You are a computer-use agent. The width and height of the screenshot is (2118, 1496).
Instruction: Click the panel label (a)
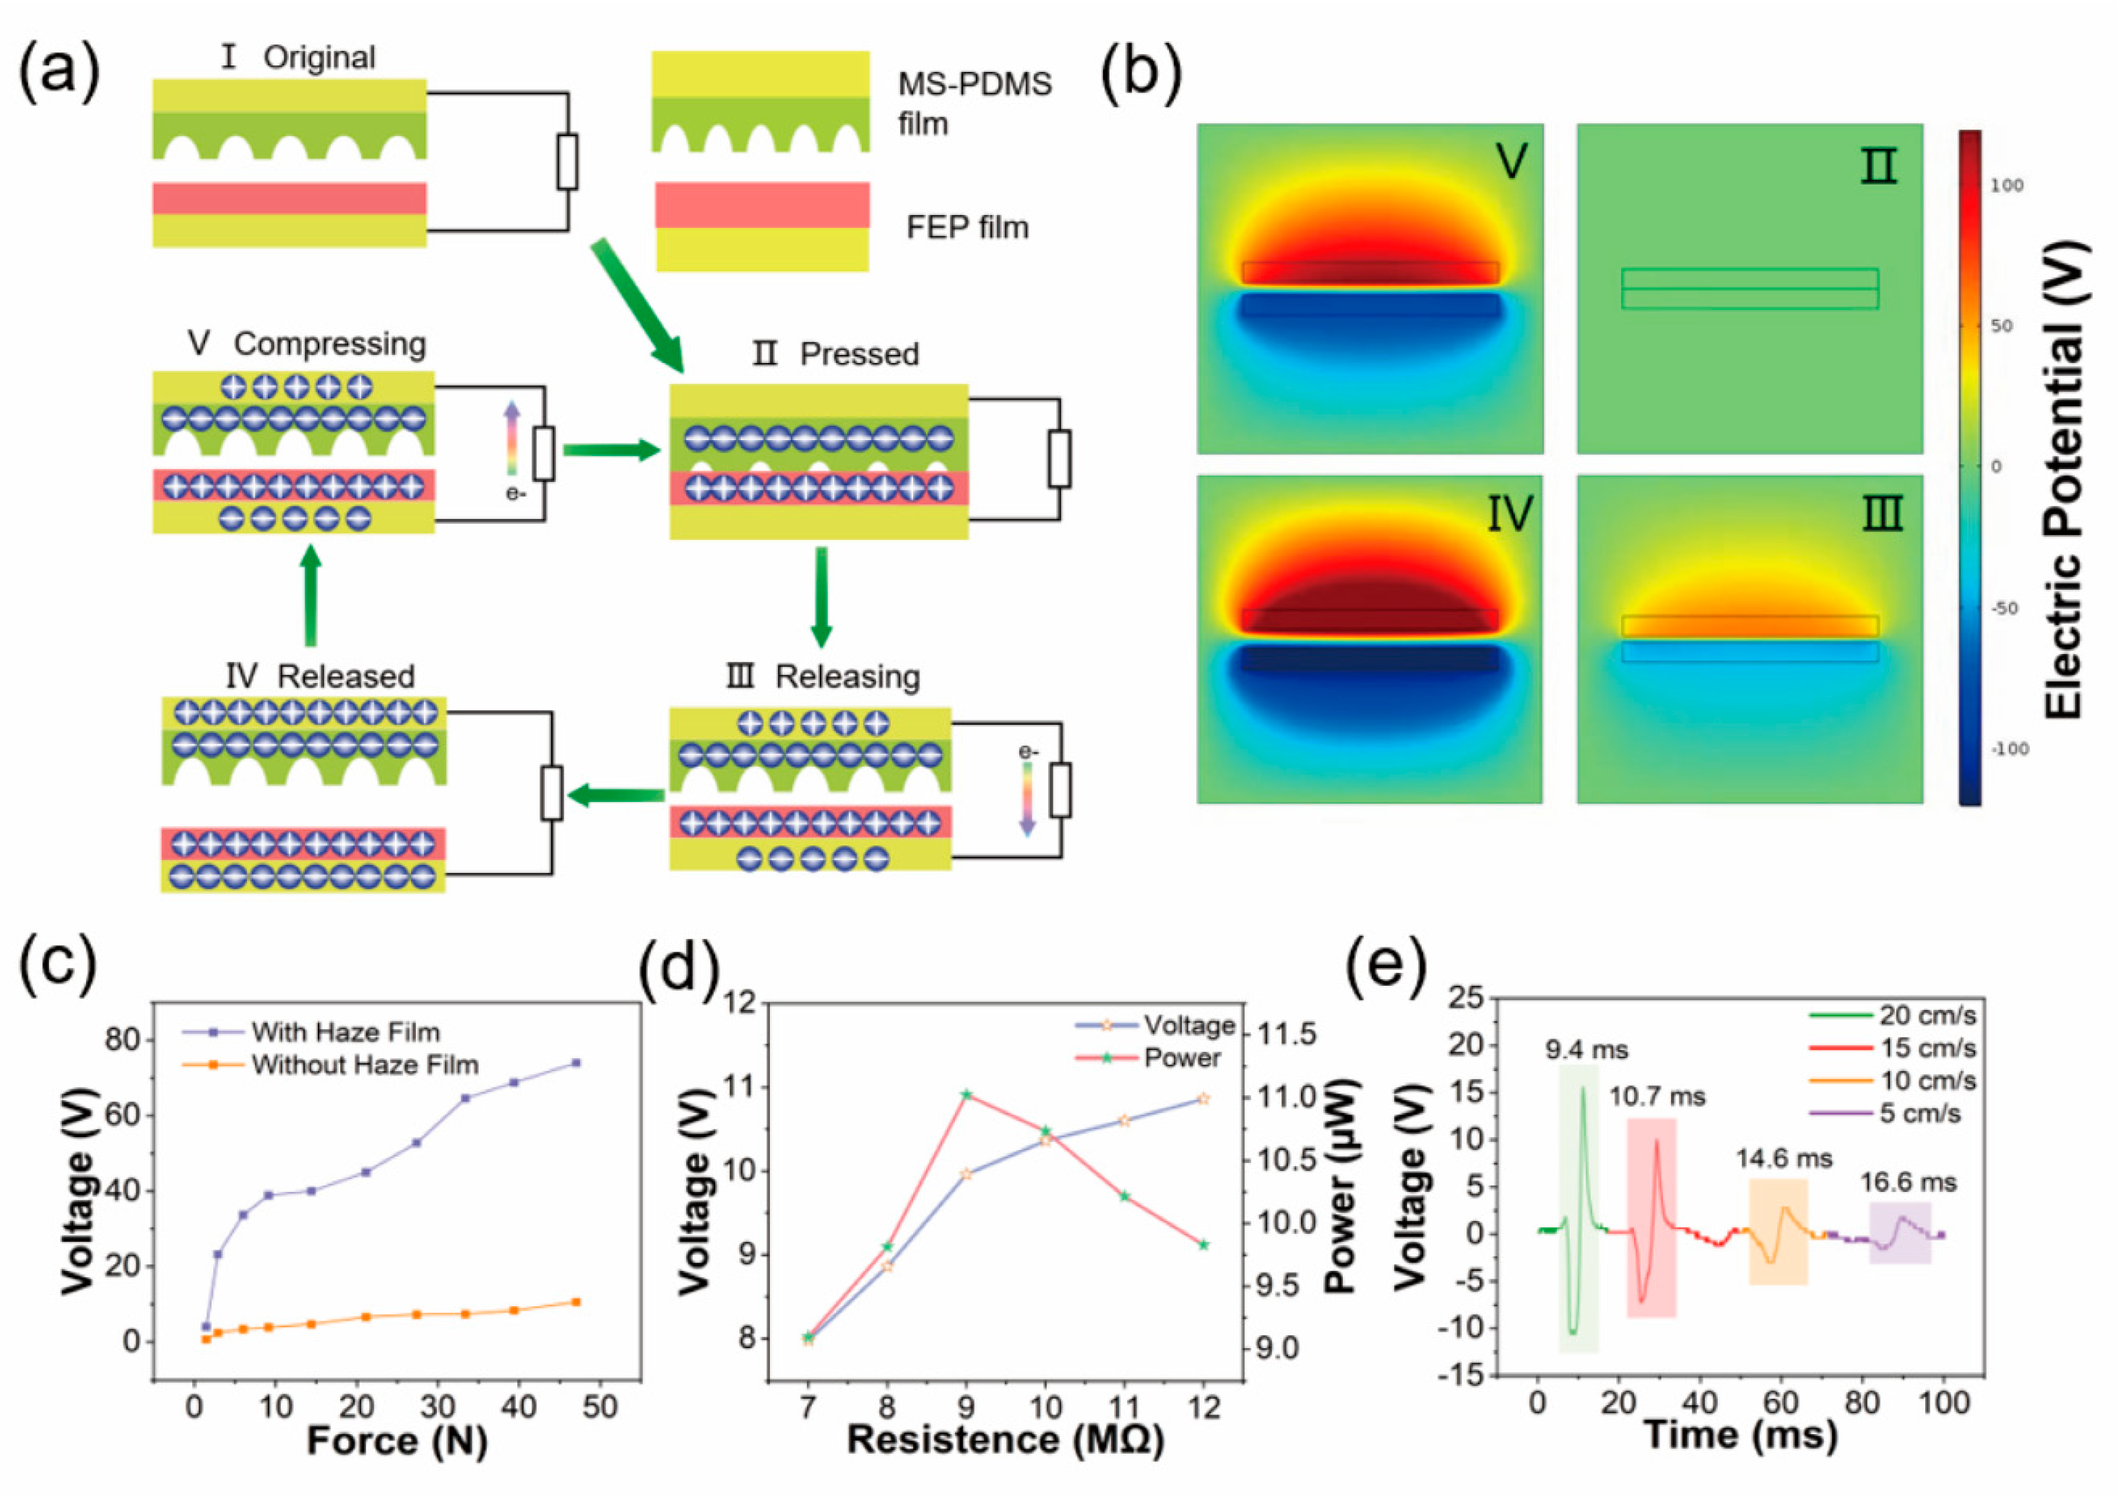coord(59,72)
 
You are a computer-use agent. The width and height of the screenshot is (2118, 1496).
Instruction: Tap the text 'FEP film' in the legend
coord(967,227)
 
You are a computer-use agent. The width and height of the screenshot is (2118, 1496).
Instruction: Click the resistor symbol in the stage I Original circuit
coord(567,161)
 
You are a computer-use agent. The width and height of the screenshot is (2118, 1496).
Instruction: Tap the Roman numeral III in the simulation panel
coord(1882,514)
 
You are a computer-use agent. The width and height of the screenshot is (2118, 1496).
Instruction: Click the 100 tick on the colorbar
coord(2007,186)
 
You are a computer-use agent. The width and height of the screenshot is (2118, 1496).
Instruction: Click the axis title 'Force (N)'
coord(397,1441)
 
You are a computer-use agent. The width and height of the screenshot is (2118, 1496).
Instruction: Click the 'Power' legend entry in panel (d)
coord(1181,1058)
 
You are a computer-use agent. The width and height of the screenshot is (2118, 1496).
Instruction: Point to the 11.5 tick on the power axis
coord(1287,1034)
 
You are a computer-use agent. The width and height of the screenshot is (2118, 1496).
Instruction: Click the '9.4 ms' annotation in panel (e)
coord(1587,1049)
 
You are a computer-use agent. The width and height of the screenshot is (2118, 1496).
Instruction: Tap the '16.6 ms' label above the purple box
coord(1907,1183)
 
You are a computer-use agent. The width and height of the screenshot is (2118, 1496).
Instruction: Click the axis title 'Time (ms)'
coord(1741,1434)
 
